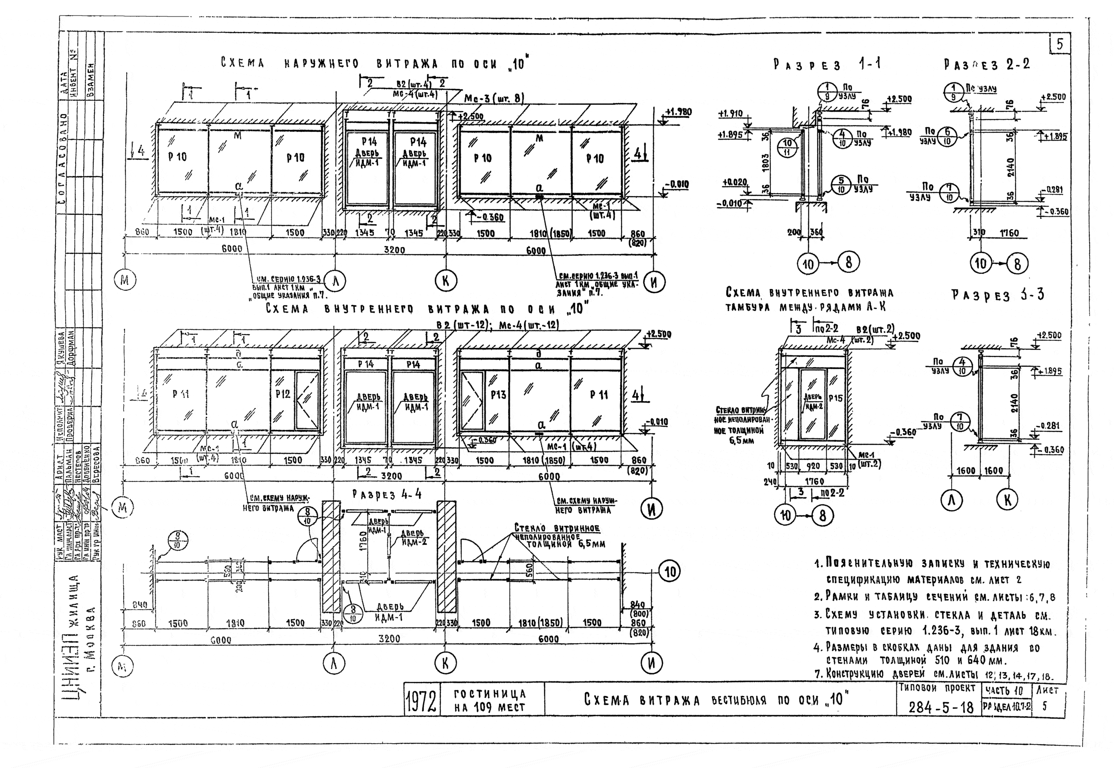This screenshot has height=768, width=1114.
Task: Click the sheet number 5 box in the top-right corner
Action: [x=1059, y=44]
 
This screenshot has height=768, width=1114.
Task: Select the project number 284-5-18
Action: [x=940, y=708]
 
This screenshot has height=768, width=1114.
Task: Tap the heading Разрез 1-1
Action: [x=827, y=65]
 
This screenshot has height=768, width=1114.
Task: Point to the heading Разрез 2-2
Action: [x=987, y=65]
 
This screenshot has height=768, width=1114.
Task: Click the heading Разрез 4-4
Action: [x=387, y=494]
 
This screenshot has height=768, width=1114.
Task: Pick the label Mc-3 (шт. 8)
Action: [x=494, y=99]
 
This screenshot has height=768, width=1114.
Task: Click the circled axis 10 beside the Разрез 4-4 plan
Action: [x=670, y=572]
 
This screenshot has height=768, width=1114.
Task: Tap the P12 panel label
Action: [x=283, y=394]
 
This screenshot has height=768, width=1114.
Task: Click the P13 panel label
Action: [x=498, y=395]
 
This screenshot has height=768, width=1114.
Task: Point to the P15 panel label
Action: [x=836, y=399]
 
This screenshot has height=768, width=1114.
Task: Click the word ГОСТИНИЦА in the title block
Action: [x=490, y=694]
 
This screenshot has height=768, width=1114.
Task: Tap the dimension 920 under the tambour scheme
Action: [x=813, y=466]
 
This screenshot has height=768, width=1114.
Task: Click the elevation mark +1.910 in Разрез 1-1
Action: [x=730, y=114]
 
